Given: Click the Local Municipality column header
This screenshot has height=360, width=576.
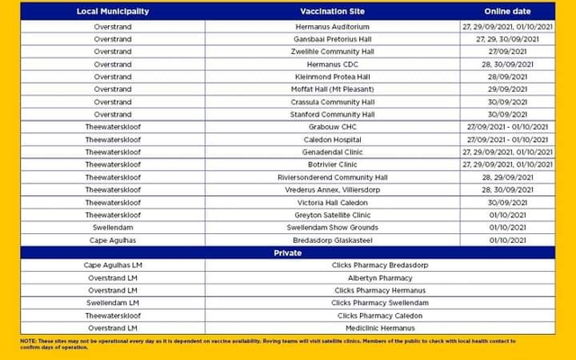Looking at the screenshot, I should tap(113, 12).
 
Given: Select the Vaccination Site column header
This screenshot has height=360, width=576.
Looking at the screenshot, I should tap(332, 12).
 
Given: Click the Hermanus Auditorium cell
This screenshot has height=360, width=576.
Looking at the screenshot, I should tap(332, 27).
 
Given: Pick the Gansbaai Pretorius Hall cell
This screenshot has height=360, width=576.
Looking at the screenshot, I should tap(332, 40).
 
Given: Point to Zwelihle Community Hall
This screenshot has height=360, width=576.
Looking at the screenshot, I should tap(332, 52).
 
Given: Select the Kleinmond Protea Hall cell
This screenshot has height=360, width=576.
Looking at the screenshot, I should tap(332, 77).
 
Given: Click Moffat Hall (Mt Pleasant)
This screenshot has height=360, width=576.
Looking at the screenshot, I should tap(332, 90).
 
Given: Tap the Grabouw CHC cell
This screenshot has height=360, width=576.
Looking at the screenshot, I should tap(332, 127).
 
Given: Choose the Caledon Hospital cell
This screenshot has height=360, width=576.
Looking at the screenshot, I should tap(332, 139).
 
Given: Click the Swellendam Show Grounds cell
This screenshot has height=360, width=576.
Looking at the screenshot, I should tap(332, 228).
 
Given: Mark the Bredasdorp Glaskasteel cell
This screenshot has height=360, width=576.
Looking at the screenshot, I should tap(332, 240).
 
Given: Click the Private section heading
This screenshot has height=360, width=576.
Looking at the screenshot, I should tap(288, 253).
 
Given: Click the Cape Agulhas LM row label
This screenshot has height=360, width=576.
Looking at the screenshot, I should tap(113, 265).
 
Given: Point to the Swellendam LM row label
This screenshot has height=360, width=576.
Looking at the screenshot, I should tap(113, 303).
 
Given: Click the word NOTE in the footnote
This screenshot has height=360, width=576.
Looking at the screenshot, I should tap(28, 341).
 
